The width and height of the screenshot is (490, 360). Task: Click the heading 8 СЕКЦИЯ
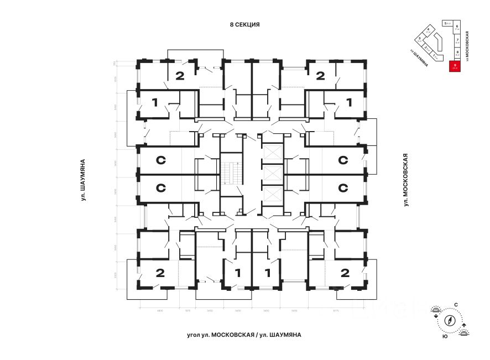point(245,25)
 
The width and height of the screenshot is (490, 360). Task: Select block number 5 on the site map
point(445,24)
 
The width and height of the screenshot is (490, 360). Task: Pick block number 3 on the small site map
point(420,40)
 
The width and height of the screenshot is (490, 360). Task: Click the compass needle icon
point(450,320)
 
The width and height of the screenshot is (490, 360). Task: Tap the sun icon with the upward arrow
point(464,331)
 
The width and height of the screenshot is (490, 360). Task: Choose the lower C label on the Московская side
point(343,188)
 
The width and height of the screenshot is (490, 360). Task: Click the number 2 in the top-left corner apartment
point(179,76)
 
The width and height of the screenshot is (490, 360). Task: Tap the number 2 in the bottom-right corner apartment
point(345,272)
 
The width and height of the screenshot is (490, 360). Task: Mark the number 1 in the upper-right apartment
point(349,102)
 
